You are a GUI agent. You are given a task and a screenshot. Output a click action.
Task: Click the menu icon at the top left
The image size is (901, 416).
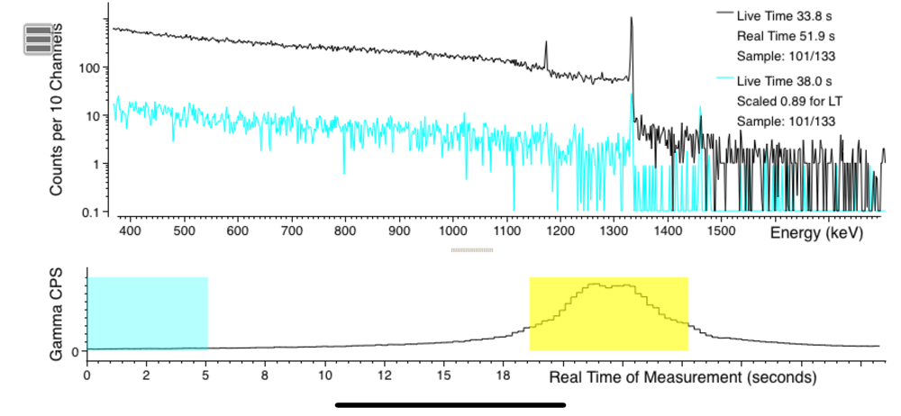[x=38, y=40]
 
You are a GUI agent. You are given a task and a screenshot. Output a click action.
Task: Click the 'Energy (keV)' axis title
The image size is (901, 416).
[x=816, y=233]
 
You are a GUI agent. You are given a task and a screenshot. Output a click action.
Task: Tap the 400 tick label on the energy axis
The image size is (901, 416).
[x=131, y=231]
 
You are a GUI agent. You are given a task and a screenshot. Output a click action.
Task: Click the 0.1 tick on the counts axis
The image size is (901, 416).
[x=89, y=213]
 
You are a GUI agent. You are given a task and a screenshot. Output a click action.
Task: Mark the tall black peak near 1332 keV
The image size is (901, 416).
[x=632, y=20]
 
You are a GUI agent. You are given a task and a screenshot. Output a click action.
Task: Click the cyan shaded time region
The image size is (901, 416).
[x=147, y=312]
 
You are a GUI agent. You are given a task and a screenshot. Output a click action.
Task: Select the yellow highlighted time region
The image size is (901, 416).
[x=608, y=312]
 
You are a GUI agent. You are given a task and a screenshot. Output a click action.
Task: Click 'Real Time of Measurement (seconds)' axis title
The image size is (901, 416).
[x=683, y=375]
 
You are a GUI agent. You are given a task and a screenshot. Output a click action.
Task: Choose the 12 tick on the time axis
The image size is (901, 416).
[x=385, y=375]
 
